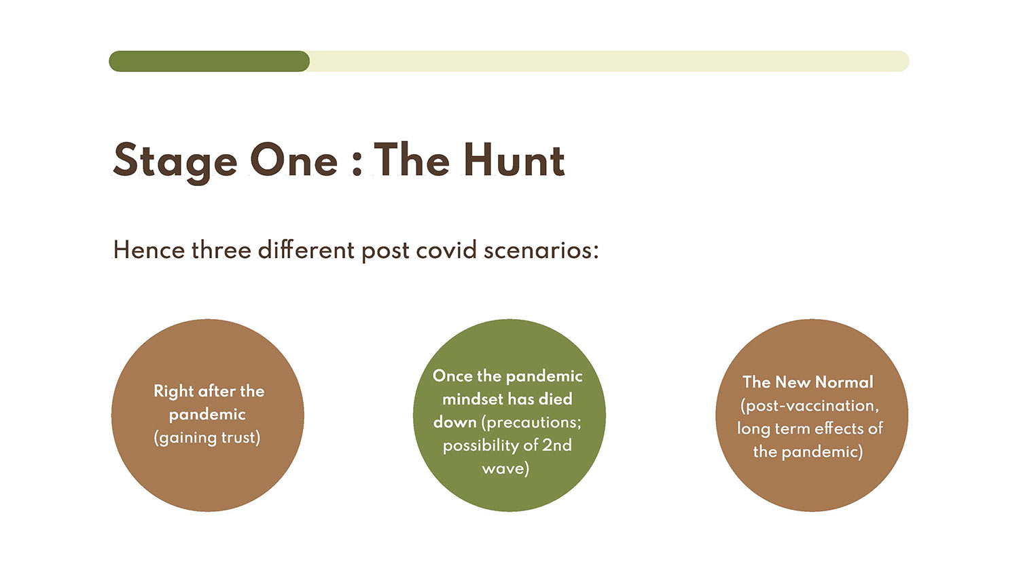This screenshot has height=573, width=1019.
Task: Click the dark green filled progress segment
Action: (209, 61)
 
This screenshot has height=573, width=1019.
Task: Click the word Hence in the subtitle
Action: (149, 250)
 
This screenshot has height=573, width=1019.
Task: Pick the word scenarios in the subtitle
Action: (541, 251)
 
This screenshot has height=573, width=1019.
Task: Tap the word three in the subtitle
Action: (221, 250)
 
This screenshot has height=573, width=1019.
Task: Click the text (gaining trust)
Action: (207, 438)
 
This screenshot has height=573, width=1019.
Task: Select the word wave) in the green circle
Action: (505, 468)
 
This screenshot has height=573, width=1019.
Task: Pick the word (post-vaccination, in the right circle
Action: (810, 405)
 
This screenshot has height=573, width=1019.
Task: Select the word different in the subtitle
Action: (306, 250)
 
